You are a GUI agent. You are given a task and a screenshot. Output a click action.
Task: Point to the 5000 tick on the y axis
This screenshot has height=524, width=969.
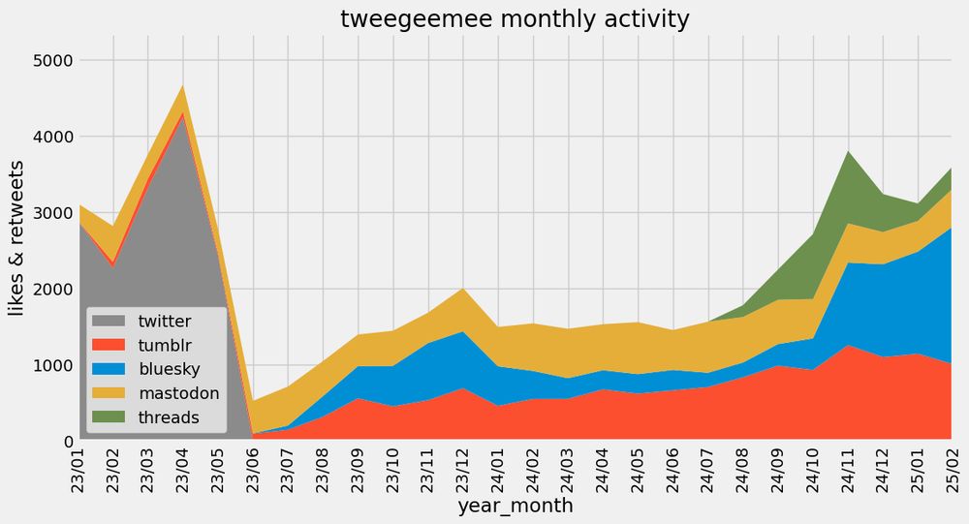click(48, 61)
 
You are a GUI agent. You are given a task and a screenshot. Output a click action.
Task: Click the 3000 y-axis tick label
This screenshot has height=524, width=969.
click(48, 213)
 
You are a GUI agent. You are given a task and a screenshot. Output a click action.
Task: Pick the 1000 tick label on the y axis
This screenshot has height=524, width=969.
click(48, 366)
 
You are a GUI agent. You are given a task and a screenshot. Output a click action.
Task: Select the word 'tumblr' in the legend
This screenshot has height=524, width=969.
click(166, 346)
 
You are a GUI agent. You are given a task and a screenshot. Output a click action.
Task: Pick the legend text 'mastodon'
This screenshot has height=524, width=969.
click(178, 393)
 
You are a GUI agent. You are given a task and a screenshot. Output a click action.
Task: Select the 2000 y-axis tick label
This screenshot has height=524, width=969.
click(48, 290)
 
